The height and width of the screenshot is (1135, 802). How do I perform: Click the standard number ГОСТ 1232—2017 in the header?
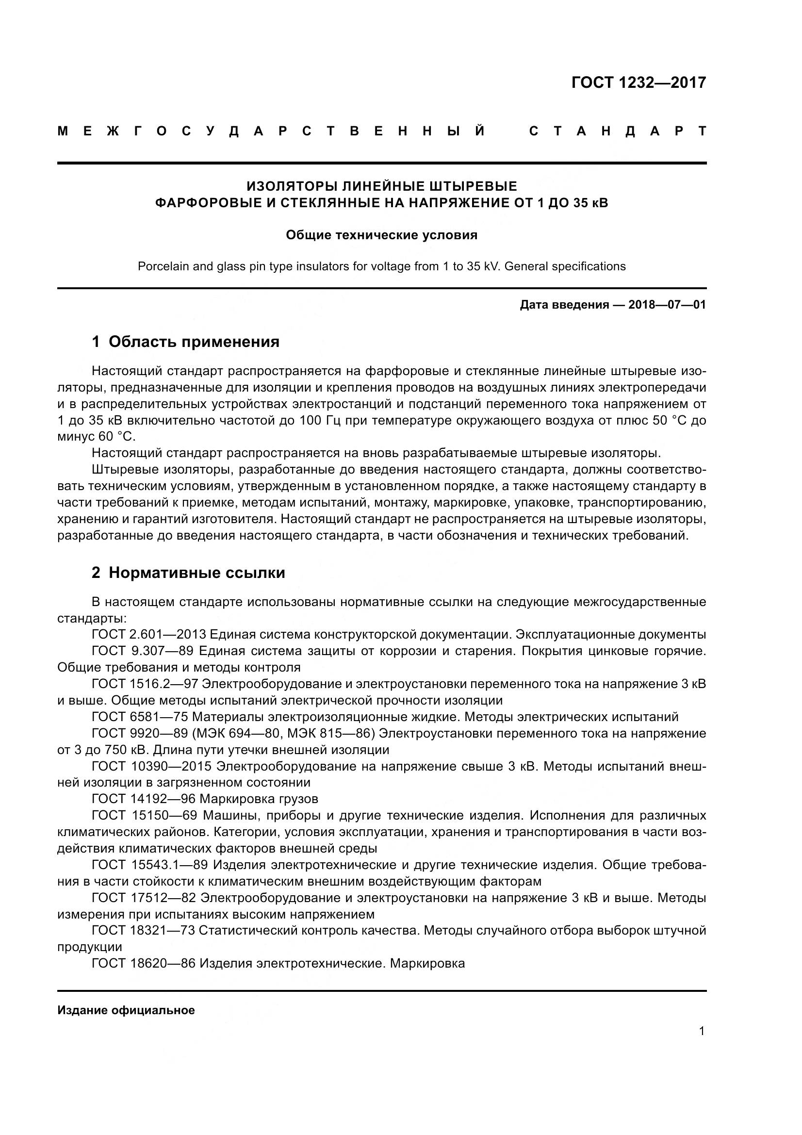click(638, 82)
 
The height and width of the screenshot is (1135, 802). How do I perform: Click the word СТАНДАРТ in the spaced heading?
click(617, 132)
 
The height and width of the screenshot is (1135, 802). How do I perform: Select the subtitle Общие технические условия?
click(381, 235)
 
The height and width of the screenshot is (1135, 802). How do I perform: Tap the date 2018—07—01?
click(667, 305)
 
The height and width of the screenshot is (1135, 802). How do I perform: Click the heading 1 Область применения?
click(186, 342)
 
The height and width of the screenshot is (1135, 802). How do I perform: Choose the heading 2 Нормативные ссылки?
click(188, 573)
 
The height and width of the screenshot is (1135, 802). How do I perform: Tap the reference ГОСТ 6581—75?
click(140, 717)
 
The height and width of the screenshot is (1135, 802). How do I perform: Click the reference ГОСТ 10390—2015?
click(152, 766)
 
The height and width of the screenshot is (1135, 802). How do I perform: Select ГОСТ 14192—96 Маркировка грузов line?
click(205, 799)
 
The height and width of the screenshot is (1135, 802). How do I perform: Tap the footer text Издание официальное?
click(126, 1010)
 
